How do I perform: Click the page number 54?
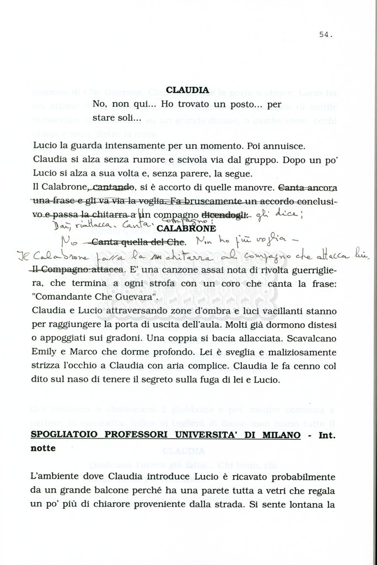(325, 34)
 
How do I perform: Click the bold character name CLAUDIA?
(187, 90)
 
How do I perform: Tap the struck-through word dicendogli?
(225, 214)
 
